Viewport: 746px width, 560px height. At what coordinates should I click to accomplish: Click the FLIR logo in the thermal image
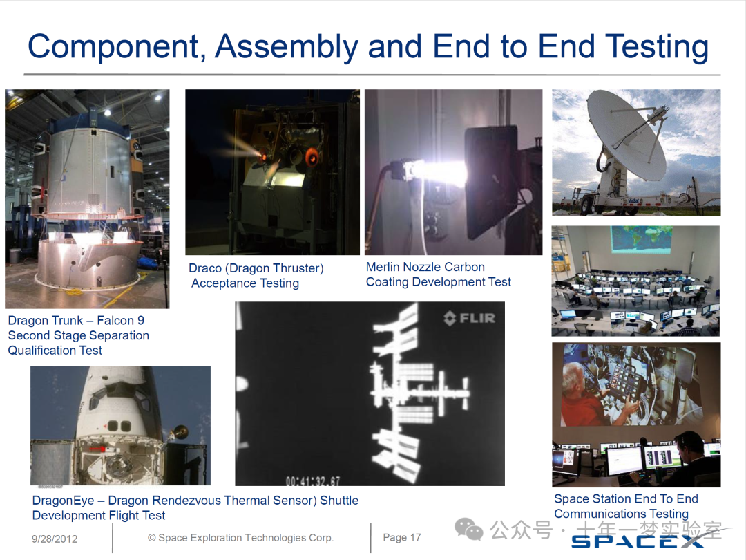click(x=470, y=317)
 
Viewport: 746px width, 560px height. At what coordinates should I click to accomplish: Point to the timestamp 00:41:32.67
click(x=313, y=481)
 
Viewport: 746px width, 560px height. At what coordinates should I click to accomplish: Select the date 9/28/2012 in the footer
click(x=55, y=539)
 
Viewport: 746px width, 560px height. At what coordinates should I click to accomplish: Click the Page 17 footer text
click(x=402, y=537)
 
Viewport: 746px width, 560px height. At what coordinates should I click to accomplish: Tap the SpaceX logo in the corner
click(x=638, y=541)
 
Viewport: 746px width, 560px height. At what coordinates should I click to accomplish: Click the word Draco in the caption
click(x=205, y=268)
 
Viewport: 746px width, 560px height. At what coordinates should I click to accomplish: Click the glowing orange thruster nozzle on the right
click(x=312, y=156)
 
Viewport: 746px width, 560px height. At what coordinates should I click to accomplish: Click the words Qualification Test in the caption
click(x=55, y=351)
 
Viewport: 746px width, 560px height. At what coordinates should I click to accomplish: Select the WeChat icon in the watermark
click(x=468, y=529)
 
